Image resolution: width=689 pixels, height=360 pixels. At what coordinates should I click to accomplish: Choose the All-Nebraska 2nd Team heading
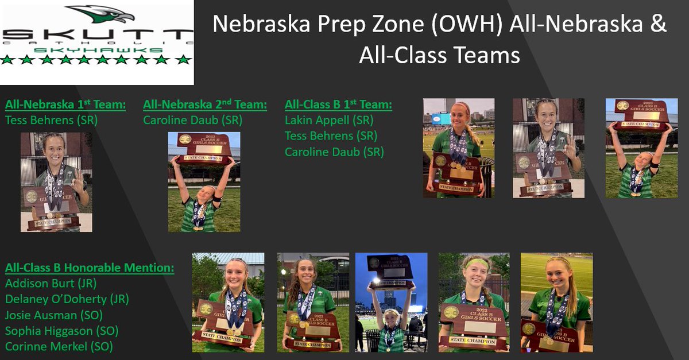[205, 104]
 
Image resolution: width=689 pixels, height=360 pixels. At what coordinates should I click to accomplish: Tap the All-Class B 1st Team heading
[338, 104]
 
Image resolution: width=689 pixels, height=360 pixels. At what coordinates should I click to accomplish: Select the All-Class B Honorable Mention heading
[90, 268]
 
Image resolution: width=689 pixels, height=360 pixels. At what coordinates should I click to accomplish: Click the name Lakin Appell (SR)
[329, 121]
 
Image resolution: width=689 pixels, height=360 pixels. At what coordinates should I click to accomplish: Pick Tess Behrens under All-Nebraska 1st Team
[51, 121]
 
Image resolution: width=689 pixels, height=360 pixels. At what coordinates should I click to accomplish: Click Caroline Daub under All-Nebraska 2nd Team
[192, 121]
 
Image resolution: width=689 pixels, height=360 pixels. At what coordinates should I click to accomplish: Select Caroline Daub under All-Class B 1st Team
[334, 152]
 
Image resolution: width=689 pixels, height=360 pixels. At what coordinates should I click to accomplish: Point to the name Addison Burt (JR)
[51, 283]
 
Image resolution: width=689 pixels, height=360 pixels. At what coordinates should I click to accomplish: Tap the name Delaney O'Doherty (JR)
[67, 299]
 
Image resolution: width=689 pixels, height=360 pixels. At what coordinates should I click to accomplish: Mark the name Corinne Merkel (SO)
[59, 346]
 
